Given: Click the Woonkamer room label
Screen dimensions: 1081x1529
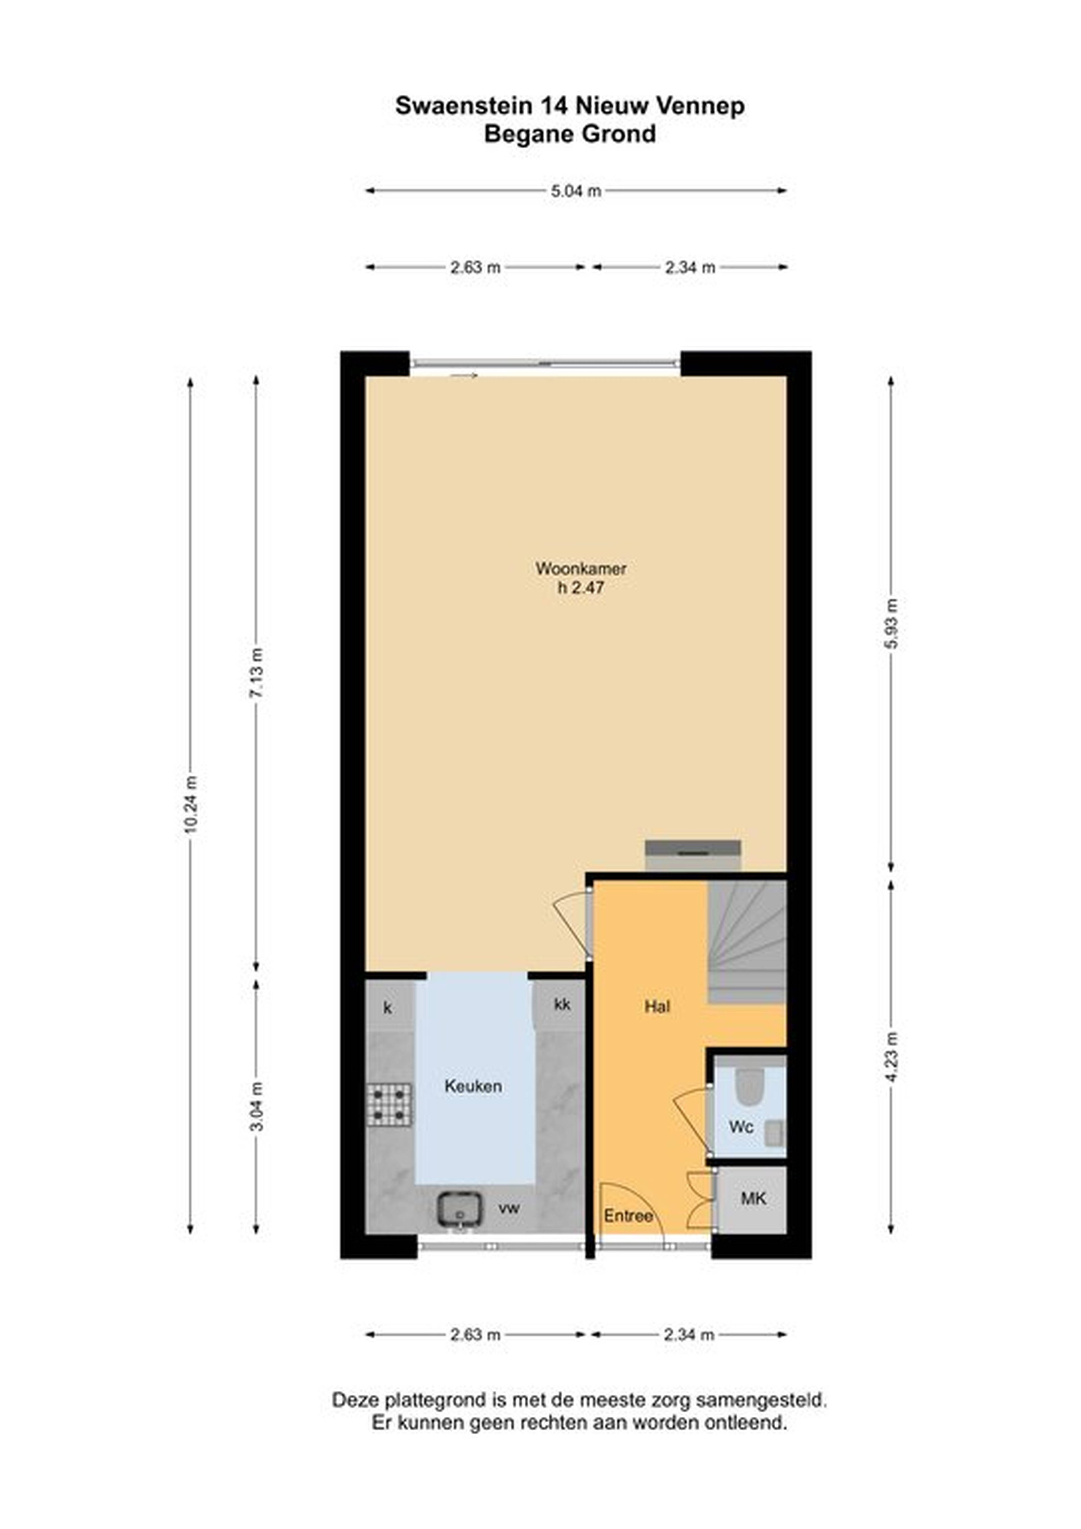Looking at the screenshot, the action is pyautogui.click(x=581, y=569).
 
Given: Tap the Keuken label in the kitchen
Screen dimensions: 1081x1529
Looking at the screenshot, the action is pyautogui.click(x=474, y=1086).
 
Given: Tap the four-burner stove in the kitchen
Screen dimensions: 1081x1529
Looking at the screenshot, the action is pyautogui.click(x=388, y=1105).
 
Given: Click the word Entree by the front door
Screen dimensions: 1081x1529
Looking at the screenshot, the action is pyautogui.click(x=628, y=1216).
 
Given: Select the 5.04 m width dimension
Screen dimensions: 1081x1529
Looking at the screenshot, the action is pyautogui.click(x=576, y=191).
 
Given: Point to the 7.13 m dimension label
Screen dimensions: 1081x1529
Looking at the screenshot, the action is pyautogui.click(x=257, y=671).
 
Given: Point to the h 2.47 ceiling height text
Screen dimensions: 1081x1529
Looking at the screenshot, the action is pyautogui.click(x=581, y=588).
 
